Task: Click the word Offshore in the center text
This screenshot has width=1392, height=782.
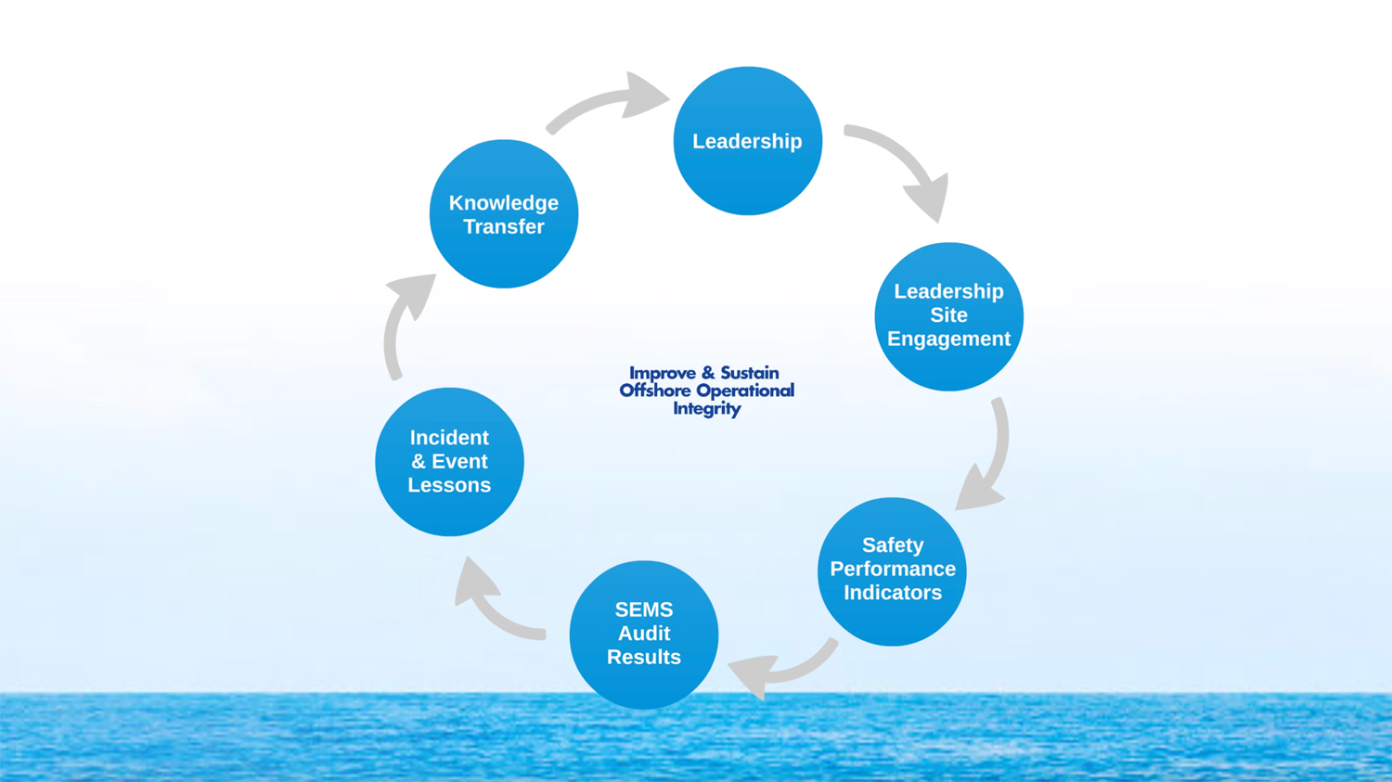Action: click(x=654, y=391)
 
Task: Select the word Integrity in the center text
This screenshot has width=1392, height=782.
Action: click(x=706, y=408)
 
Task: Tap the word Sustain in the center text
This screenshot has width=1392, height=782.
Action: click(x=749, y=373)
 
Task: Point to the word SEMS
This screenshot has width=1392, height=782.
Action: click(x=643, y=609)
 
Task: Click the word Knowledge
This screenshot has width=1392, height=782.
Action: click(x=504, y=203)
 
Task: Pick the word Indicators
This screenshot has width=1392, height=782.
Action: click(x=892, y=592)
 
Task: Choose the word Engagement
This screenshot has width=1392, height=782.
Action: click(x=948, y=339)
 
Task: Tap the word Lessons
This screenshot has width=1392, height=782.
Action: click(x=449, y=485)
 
